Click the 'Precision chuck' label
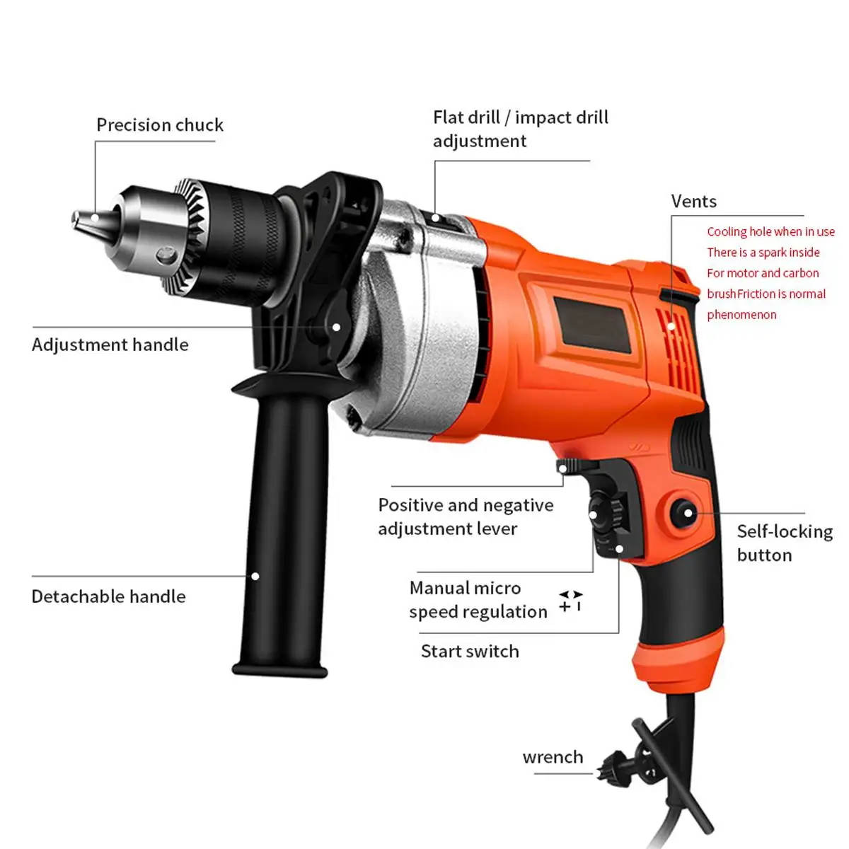point(160,125)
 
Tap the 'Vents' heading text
point(693,202)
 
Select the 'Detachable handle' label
point(108,596)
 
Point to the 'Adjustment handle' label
point(110,345)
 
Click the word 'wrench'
point(553,757)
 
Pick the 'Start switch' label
point(470,651)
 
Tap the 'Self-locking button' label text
point(784,543)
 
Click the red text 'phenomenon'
point(741,315)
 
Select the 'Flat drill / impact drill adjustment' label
point(520,129)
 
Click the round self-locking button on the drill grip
point(684,512)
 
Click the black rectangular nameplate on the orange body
point(591,325)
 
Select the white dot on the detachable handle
point(255,576)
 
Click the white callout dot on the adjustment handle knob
point(337,327)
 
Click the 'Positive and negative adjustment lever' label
point(466,516)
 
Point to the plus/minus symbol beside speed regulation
point(570,601)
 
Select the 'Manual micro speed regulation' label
point(478,599)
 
